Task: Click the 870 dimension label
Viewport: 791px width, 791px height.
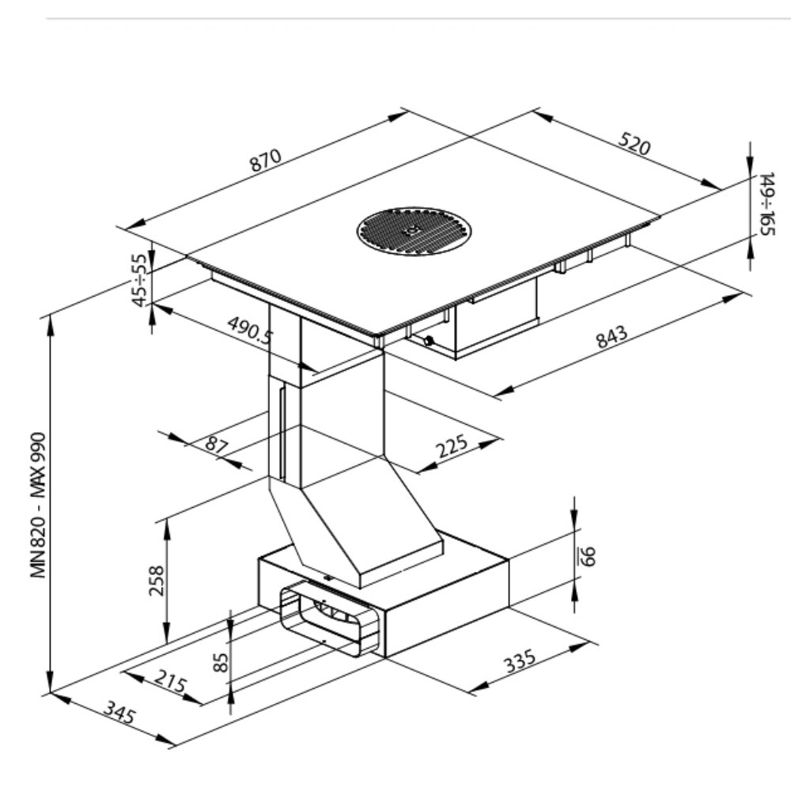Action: pyautogui.click(x=265, y=160)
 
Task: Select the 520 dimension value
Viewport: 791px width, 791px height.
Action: pyautogui.click(x=634, y=143)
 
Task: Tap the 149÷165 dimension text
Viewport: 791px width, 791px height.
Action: pyautogui.click(x=766, y=204)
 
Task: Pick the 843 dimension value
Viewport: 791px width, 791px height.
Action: pyautogui.click(x=612, y=336)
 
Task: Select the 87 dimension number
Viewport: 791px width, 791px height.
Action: pyautogui.click(x=217, y=445)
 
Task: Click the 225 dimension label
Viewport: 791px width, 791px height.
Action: pyautogui.click(x=452, y=445)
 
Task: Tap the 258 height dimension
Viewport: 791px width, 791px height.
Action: pyautogui.click(x=157, y=581)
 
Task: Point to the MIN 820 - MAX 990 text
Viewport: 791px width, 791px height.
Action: pyautogui.click(x=39, y=505)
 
